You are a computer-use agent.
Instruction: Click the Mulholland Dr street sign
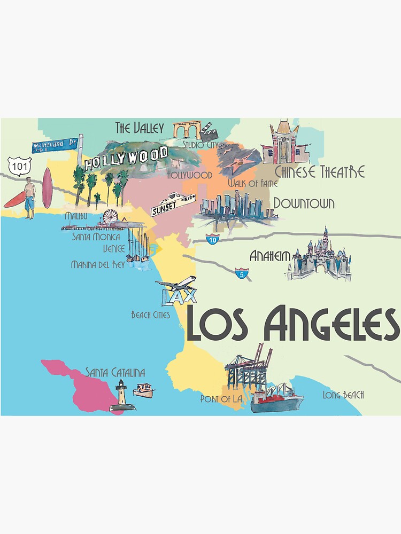tap(55, 144)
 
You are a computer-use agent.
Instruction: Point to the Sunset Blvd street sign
tap(173, 205)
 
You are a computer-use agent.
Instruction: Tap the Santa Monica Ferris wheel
tap(111, 217)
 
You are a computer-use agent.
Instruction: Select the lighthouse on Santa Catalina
tap(122, 396)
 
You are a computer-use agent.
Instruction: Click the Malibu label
tap(76, 216)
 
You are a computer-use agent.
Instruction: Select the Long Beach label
tap(343, 395)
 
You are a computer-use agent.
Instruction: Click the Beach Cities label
tap(151, 315)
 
